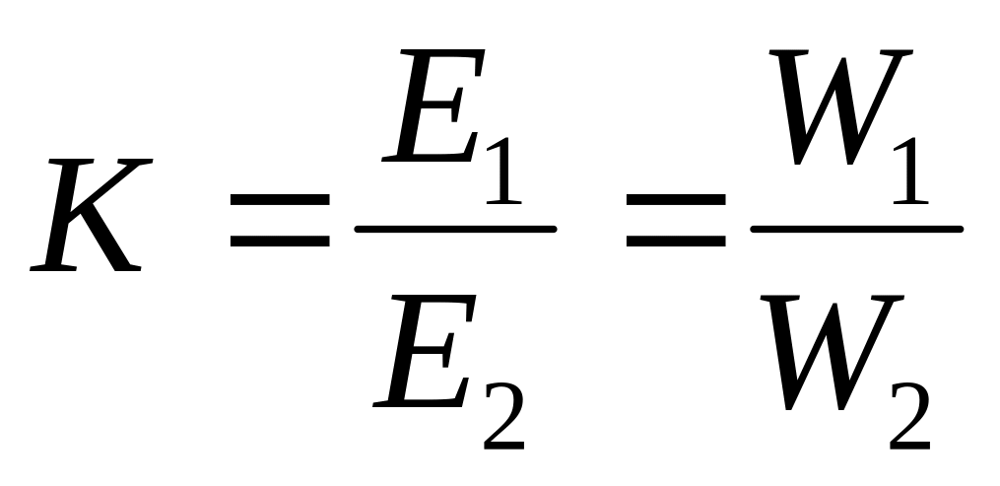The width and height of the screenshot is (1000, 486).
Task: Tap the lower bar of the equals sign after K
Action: click(x=280, y=240)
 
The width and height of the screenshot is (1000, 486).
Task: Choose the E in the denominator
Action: click(x=424, y=355)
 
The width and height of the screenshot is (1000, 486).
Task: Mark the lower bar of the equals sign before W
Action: click(x=676, y=240)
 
